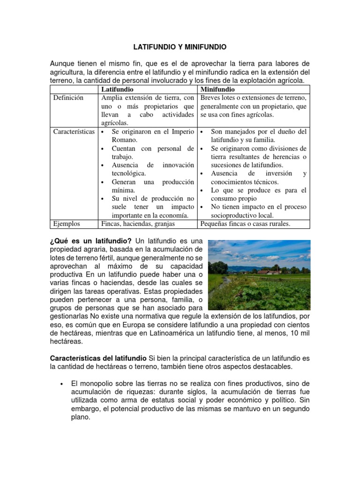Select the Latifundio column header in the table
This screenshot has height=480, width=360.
point(117,89)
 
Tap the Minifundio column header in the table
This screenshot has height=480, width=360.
point(217,89)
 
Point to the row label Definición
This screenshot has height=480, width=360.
point(68,98)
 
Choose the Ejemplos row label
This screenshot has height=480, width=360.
point(67,224)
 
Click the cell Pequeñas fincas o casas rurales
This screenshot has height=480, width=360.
point(245,224)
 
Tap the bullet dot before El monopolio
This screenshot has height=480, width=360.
point(62,383)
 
